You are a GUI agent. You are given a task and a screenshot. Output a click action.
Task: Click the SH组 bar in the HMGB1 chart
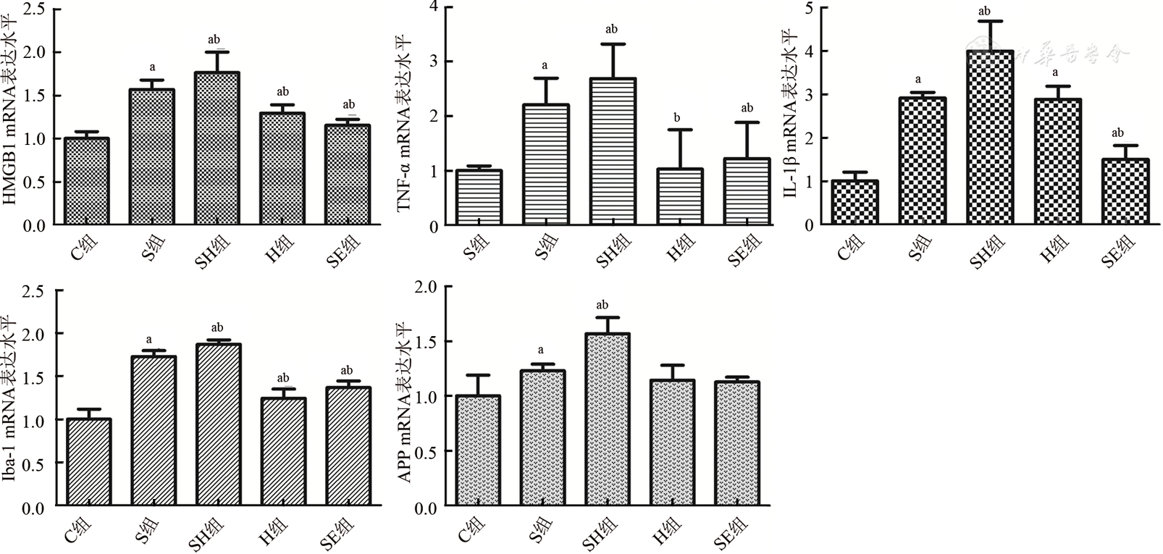217,148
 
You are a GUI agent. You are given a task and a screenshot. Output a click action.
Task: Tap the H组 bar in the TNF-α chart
680,197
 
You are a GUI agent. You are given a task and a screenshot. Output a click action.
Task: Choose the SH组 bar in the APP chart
608,420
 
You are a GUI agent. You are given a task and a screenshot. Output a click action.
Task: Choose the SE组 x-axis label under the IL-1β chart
1116,253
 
